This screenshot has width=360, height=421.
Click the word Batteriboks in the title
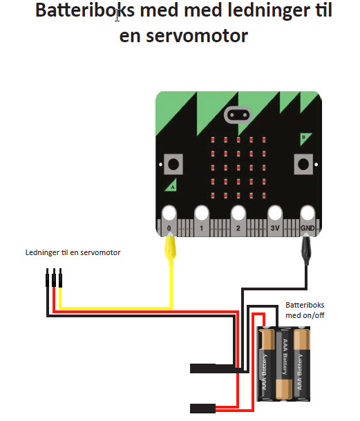(x=85, y=10)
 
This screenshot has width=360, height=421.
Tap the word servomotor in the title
(x=197, y=36)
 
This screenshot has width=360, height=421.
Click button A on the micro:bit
(x=173, y=164)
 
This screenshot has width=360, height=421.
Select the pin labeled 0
(x=169, y=221)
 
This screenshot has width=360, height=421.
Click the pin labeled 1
(x=202, y=221)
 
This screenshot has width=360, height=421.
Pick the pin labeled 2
(x=238, y=221)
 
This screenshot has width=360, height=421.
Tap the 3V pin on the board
(x=275, y=221)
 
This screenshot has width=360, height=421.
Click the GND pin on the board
(x=307, y=221)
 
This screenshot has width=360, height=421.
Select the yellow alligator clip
(x=170, y=250)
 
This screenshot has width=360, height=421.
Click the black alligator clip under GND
(x=306, y=249)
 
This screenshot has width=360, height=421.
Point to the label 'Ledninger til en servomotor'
(x=73, y=252)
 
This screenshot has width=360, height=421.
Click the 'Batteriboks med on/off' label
(x=305, y=310)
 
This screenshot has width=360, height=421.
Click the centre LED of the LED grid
(x=238, y=168)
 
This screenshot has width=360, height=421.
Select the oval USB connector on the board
(x=238, y=115)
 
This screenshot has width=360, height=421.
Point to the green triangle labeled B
(x=304, y=138)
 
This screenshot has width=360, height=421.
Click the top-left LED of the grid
(x=213, y=140)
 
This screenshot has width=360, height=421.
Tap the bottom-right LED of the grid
(x=264, y=196)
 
